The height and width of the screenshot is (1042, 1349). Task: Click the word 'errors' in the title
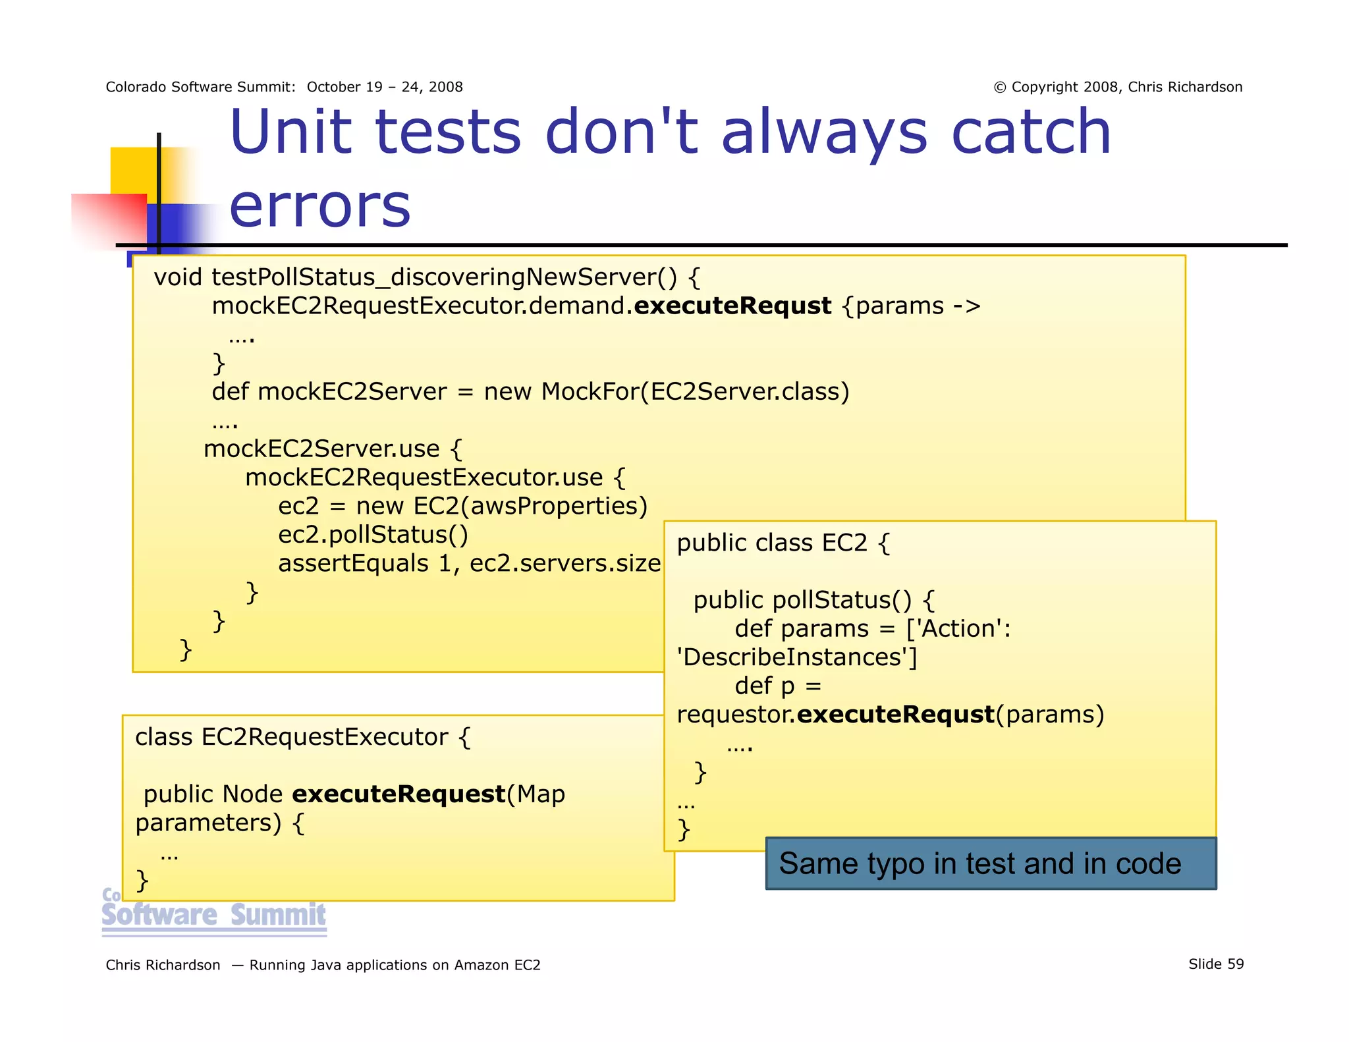click(x=319, y=206)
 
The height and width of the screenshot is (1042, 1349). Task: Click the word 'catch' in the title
click(x=1032, y=133)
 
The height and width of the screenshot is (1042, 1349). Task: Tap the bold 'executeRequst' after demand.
click(x=732, y=306)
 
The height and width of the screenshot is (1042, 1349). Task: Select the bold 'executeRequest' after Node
click(x=399, y=794)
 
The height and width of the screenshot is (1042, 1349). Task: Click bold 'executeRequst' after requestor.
click(x=895, y=715)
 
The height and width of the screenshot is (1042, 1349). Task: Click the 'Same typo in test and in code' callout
click(x=990, y=864)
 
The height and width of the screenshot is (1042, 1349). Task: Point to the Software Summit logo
click(x=214, y=914)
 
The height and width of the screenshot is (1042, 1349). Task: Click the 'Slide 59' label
click(x=1215, y=964)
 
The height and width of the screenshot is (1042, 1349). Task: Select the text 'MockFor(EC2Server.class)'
click(x=695, y=392)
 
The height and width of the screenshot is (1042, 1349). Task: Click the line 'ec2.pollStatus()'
click(x=373, y=535)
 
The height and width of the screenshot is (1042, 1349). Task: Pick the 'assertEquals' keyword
click(x=353, y=564)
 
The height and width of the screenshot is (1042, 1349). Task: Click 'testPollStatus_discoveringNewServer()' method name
click(x=444, y=277)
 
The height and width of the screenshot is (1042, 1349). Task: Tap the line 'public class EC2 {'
click(x=783, y=543)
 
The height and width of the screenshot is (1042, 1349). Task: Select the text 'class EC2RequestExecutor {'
click(x=302, y=737)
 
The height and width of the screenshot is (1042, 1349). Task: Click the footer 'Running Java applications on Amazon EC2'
click(x=395, y=965)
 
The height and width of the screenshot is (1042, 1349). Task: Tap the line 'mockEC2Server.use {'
click(x=333, y=449)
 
